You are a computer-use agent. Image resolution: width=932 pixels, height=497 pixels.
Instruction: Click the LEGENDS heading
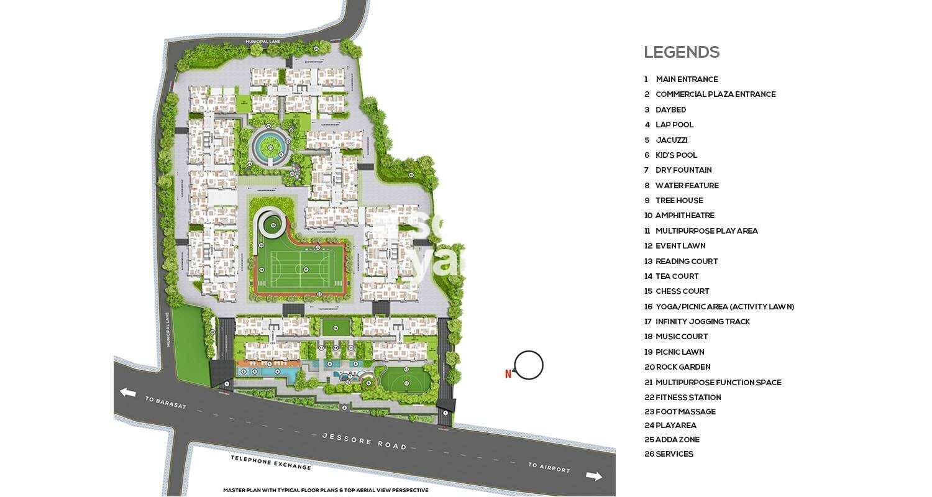click(681, 53)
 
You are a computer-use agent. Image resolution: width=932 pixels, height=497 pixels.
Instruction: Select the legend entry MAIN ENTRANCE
click(686, 80)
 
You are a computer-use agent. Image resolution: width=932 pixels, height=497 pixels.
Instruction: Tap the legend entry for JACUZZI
click(671, 140)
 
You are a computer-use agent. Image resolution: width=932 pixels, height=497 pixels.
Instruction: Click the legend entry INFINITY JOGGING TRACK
click(702, 322)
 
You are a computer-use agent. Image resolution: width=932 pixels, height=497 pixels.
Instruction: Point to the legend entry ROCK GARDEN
click(683, 367)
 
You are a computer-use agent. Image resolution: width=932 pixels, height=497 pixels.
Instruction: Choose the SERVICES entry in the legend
click(674, 454)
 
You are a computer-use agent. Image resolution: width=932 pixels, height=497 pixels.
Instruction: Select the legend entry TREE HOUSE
click(679, 201)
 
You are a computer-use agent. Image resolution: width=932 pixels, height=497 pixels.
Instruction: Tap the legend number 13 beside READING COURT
click(648, 262)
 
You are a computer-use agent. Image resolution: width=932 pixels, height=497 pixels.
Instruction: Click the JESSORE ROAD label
click(364, 441)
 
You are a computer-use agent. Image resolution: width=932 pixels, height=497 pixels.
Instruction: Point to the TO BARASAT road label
click(165, 403)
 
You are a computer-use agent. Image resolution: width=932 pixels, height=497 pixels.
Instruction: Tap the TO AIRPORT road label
click(549, 468)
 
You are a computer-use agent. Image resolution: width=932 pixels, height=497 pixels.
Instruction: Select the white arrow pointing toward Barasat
click(128, 392)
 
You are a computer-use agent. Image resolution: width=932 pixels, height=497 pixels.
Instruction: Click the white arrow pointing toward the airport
click(594, 476)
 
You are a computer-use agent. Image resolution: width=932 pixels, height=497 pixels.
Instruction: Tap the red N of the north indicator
click(508, 374)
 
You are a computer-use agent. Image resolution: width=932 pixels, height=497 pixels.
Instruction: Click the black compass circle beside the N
click(529, 365)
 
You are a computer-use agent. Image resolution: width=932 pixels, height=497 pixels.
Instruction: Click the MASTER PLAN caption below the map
click(326, 490)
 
